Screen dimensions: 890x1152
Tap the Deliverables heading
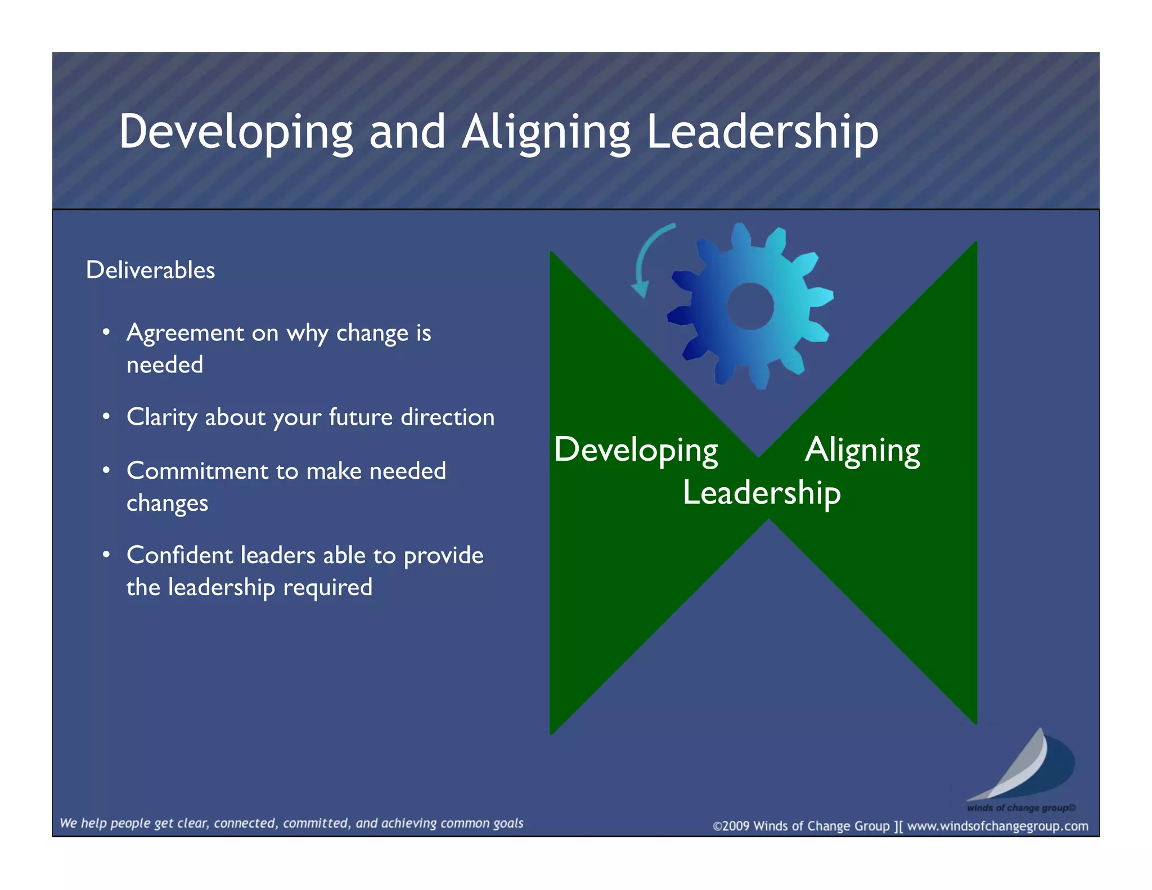tap(150, 270)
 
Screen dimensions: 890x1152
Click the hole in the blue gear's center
tap(750, 306)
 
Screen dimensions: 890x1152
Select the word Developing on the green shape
tap(636, 450)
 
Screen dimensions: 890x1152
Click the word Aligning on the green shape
tap(862, 450)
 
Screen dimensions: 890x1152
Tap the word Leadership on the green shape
tap(762, 493)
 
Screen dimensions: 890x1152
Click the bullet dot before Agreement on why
tap(106, 332)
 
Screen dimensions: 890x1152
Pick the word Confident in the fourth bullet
tap(179, 555)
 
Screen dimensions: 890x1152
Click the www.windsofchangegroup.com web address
tap(997, 826)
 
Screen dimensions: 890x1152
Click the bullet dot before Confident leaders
tap(106, 555)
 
